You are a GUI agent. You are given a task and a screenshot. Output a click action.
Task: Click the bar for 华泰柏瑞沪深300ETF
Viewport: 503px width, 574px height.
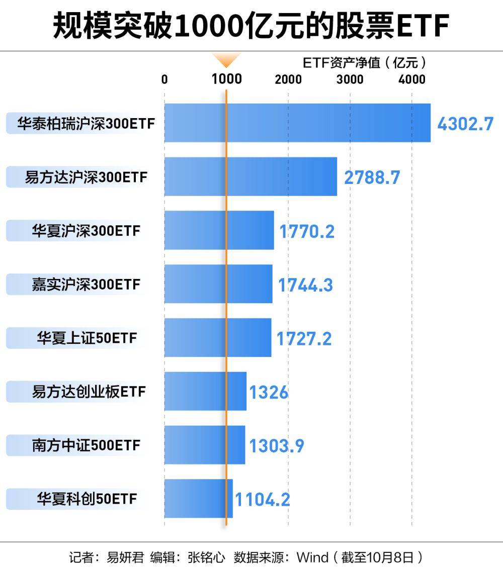[297, 123]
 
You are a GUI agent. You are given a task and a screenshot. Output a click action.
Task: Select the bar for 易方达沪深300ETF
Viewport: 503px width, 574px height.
[250, 176]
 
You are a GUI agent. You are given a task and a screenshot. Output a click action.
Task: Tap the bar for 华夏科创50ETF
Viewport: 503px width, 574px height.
[198, 498]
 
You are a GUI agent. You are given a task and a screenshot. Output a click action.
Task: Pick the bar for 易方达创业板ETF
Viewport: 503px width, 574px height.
[205, 391]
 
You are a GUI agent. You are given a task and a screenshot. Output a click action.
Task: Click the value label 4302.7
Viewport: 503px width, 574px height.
[465, 124]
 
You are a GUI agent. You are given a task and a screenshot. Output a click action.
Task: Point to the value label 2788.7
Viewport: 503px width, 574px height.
[372, 177]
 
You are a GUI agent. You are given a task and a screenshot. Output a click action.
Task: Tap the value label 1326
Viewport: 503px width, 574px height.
[269, 392]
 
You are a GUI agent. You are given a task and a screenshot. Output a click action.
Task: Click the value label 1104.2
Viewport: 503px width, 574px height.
[263, 500]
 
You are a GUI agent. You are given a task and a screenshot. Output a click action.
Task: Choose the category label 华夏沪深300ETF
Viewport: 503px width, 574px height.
[86, 231]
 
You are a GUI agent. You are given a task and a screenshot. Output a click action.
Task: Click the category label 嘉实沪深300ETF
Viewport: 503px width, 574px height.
[86, 284]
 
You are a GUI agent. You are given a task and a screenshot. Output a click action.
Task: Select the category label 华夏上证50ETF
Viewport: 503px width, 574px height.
[87, 338]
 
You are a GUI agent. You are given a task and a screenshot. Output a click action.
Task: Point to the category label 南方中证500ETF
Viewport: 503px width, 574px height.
[86, 445]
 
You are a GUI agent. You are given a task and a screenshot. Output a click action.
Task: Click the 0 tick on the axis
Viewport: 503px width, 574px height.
[164, 79]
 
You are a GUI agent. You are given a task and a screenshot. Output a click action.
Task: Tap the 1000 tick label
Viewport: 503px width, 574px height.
[226, 79]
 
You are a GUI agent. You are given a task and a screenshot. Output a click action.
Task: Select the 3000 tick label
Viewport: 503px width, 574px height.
[350, 79]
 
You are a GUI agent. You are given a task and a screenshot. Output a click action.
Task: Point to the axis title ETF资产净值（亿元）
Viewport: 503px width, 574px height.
[365, 63]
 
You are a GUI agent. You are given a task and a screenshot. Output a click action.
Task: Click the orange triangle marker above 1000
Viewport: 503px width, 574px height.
[226, 60]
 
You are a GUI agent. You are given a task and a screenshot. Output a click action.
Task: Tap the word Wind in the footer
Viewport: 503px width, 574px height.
[312, 557]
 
